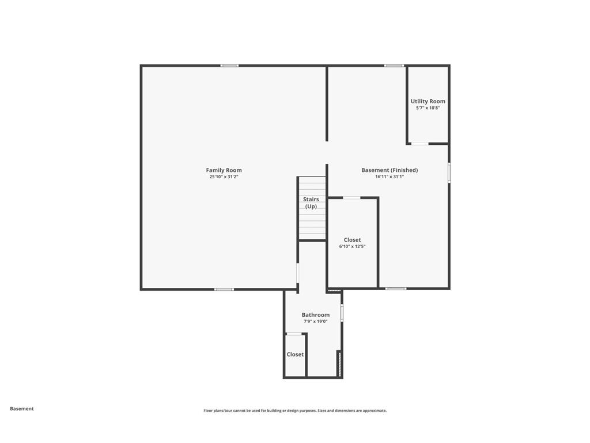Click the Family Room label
click(224, 170)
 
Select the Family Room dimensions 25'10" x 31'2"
click(224, 177)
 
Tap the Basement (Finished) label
click(389, 170)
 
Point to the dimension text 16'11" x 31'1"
click(389, 177)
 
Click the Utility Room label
click(428, 102)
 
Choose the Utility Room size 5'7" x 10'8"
click(428, 108)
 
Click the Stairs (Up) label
click(311, 202)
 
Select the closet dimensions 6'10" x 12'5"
click(352, 246)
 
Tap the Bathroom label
click(316, 315)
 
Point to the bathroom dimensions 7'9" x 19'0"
click(316, 321)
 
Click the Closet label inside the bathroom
click(295, 354)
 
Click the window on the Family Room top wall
click(229, 66)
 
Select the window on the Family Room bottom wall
click(224, 289)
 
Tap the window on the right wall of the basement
click(449, 173)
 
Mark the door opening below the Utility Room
click(419, 144)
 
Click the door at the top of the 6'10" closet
click(351, 198)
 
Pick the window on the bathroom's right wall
click(342, 313)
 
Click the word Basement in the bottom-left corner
click(22, 408)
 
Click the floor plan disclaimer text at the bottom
click(295, 411)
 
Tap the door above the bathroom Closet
click(294, 334)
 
